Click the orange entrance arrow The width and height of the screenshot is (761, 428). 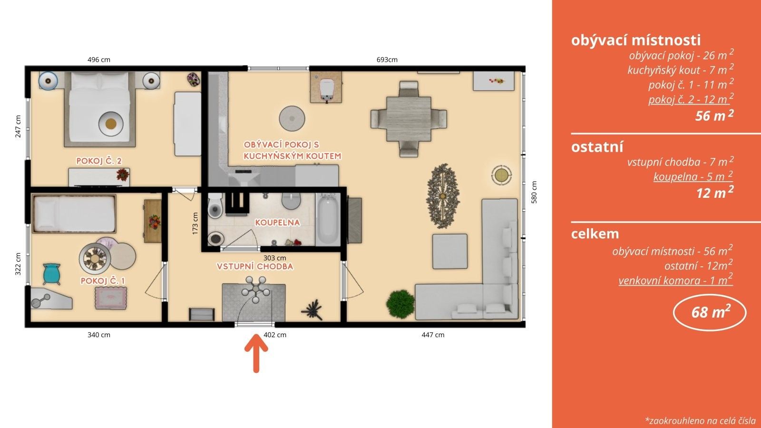point(256,353)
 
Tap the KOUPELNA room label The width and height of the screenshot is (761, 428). point(278,223)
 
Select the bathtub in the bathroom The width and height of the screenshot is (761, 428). point(328,219)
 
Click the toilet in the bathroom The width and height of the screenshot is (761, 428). point(215,205)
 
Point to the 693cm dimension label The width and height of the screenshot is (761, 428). point(387,60)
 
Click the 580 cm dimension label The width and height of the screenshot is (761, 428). point(534,192)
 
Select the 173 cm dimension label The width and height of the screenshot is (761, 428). point(195,224)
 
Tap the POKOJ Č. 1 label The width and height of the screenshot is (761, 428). point(103,281)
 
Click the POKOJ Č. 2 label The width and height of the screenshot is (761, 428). point(99,161)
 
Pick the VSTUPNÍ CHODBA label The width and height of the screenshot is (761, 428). point(255,266)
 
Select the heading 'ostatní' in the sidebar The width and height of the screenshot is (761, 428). point(597,147)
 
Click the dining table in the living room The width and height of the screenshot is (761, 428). point(409,119)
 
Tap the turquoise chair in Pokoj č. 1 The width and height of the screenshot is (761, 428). point(52,274)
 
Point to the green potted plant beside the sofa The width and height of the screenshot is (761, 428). point(401,304)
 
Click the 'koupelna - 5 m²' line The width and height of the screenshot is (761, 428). point(693,176)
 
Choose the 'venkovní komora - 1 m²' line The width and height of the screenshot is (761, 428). point(675,280)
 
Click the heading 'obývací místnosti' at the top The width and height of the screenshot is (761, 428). point(635,40)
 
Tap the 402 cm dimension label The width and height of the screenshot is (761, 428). point(275,335)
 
